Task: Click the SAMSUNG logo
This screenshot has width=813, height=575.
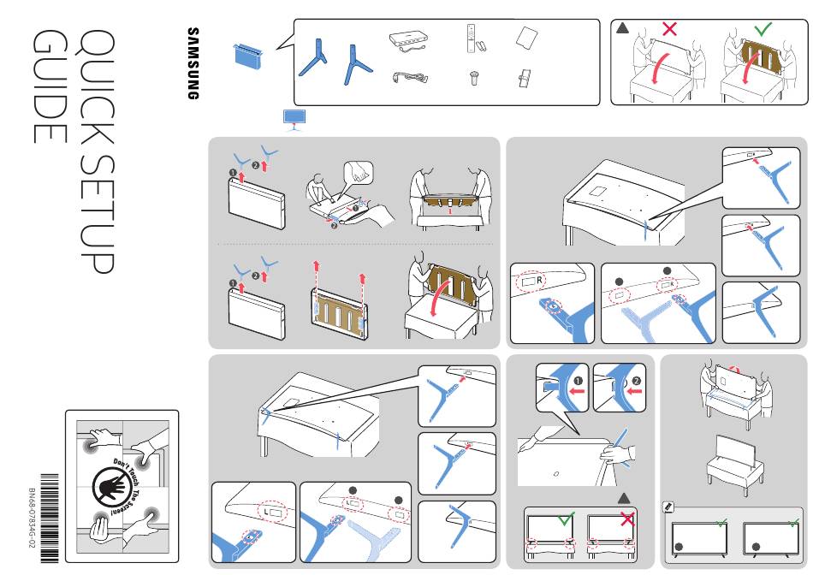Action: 193,63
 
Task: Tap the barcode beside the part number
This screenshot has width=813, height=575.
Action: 49,517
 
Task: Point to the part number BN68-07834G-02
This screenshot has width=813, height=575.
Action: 31,518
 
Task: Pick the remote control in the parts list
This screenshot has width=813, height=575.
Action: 470,39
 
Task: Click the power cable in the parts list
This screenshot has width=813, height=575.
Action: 409,78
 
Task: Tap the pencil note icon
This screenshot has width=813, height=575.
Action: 669,507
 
